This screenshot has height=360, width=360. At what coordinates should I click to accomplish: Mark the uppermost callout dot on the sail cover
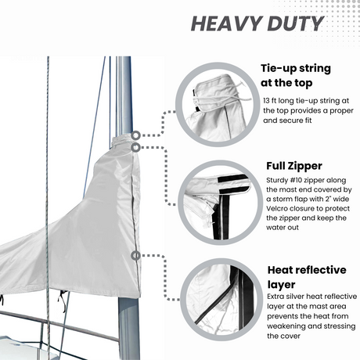136,135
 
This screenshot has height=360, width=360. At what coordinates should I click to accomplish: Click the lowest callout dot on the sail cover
136,255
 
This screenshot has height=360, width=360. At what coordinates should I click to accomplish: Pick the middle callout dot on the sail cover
136,146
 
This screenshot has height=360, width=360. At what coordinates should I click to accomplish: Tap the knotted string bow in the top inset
244,100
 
